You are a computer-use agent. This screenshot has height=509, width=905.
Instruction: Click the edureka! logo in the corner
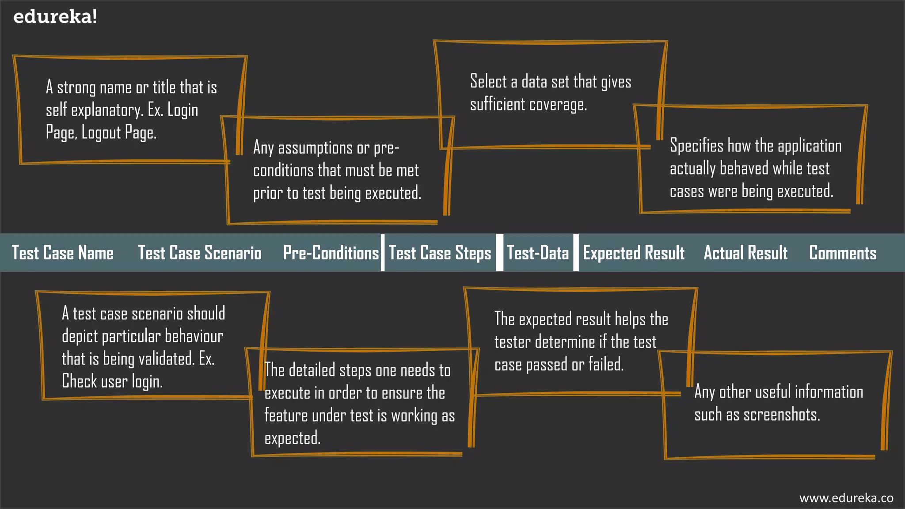(55, 17)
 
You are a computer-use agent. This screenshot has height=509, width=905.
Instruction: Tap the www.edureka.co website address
(846, 498)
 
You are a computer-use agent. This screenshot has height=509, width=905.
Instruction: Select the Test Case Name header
(63, 253)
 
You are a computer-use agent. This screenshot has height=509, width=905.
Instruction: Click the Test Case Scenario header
(200, 253)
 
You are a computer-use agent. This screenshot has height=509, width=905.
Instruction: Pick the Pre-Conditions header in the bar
(331, 253)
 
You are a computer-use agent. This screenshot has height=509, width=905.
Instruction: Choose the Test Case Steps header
(440, 253)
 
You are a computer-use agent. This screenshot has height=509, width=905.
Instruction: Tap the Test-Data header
(538, 253)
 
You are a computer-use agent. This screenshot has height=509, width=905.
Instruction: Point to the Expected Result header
(634, 253)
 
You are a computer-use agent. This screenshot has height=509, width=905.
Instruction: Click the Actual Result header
(745, 253)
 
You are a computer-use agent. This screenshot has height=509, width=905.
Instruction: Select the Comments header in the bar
(843, 253)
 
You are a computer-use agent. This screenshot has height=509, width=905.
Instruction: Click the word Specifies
(696, 146)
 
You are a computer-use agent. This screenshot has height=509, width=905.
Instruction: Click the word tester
(513, 342)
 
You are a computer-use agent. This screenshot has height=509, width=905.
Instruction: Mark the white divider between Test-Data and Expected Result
(576, 253)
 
